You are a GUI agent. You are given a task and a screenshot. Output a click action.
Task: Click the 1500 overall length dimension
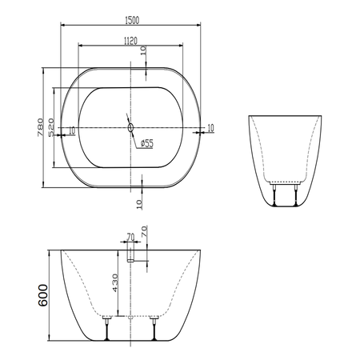coord(132,20)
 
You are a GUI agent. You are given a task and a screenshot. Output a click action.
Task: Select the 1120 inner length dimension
coord(130,41)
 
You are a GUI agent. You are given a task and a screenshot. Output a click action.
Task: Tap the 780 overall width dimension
coord(40,127)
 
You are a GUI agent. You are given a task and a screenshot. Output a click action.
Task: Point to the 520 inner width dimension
coord(51,128)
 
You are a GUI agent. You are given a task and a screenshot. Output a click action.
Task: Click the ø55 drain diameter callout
coord(147,143)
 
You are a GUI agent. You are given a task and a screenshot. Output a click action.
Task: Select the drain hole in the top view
coord(130,128)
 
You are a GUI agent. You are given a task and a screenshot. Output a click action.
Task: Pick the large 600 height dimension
coord(43,295)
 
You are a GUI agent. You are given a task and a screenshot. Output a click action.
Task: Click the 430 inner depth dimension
coord(115,282)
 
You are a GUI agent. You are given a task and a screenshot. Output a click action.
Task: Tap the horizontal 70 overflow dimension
coord(130,237)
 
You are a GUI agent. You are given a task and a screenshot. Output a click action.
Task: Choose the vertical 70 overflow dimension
coord(144,232)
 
